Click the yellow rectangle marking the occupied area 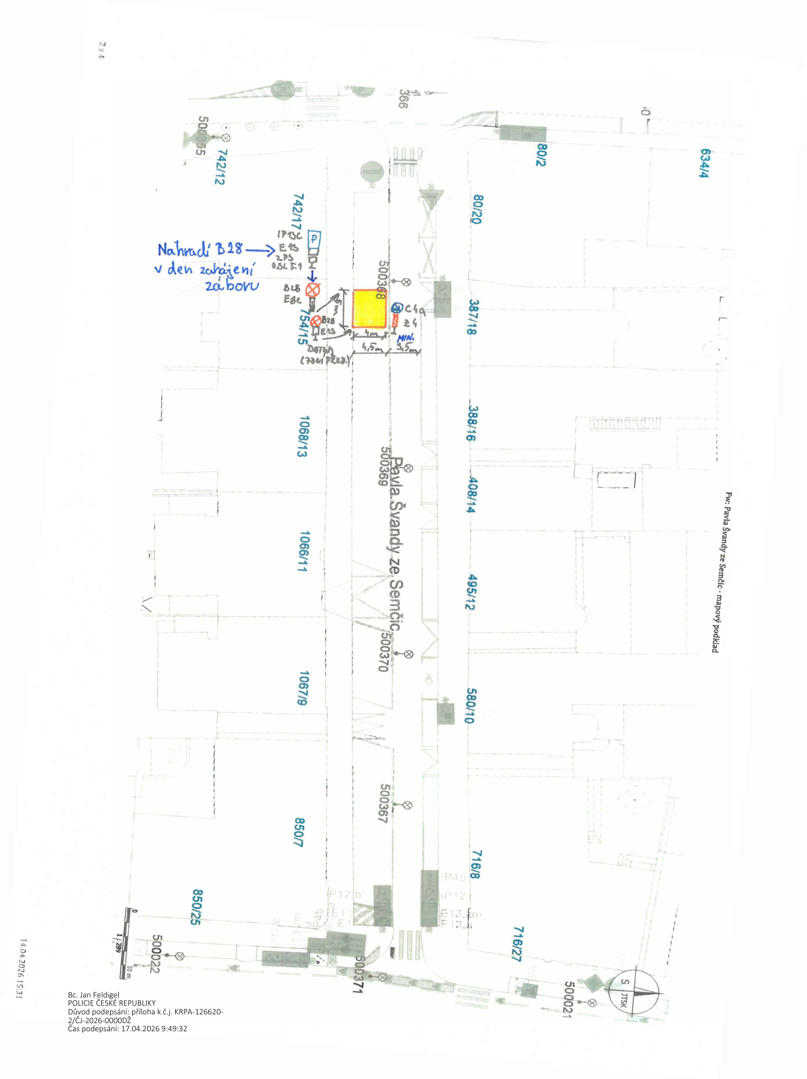click(x=369, y=308)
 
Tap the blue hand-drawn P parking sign click(x=314, y=238)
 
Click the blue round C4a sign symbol click(x=397, y=307)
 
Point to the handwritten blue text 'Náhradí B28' click(x=200, y=250)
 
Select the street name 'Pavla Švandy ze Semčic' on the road click(x=396, y=544)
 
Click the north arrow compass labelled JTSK click(x=634, y=991)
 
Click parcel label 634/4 click(x=705, y=163)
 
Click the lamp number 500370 click(x=383, y=651)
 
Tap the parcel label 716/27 click(x=517, y=943)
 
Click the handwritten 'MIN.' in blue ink click(x=406, y=338)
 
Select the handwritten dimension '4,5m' click(x=372, y=347)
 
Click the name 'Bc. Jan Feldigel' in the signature click(x=94, y=995)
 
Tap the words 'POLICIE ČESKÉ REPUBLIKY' click(x=112, y=1003)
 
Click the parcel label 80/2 click(x=541, y=154)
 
